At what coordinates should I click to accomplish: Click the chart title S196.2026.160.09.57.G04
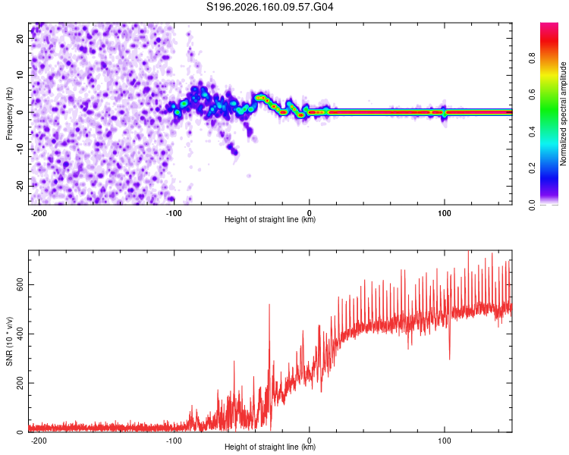point(269,7)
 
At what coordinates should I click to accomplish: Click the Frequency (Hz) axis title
point(9,114)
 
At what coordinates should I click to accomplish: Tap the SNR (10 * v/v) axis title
point(9,341)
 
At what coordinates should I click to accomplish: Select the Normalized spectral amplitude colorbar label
point(563,114)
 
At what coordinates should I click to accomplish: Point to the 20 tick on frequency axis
point(20,39)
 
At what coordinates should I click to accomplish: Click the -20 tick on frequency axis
point(20,186)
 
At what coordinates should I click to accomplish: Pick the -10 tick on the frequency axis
point(20,149)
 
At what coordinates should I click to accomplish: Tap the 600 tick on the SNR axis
point(20,285)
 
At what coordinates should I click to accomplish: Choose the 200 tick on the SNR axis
point(20,383)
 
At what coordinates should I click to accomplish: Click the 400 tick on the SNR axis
point(20,334)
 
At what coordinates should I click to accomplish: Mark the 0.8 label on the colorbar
point(532,58)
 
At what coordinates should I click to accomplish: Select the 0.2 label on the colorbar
point(532,168)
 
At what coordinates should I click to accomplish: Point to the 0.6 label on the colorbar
point(532,95)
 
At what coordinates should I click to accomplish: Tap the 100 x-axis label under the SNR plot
point(444,441)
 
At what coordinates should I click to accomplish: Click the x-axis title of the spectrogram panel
point(270,219)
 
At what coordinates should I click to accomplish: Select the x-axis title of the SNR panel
point(270,447)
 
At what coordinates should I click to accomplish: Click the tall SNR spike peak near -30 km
point(269,305)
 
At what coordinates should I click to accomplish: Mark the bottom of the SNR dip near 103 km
point(450,359)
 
